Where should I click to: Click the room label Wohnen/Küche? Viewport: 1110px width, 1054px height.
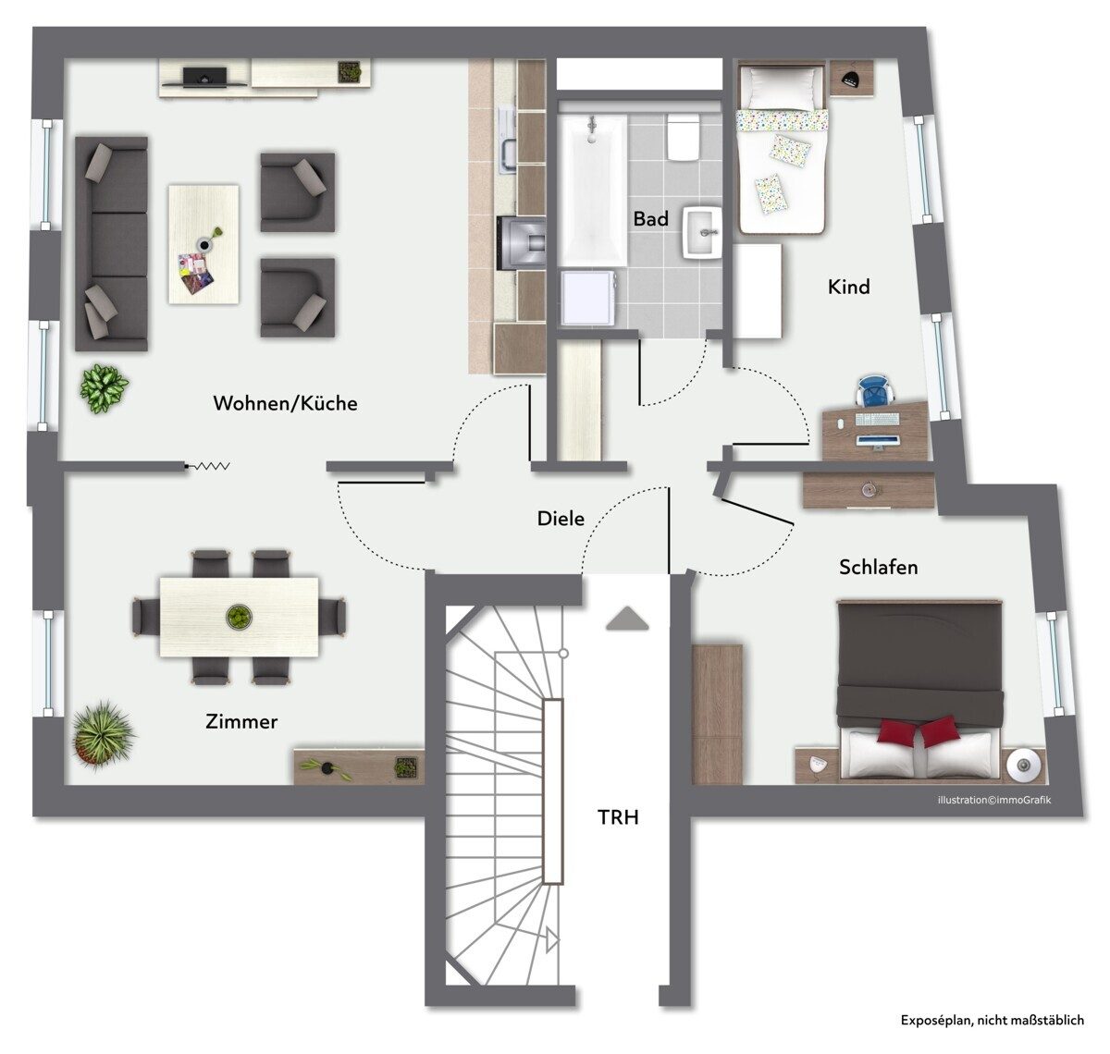coord(285,403)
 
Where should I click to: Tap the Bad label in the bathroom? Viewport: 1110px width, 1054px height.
coord(650,218)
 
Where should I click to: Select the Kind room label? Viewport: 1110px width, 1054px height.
coord(848,287)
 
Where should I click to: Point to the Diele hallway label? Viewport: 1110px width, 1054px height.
coord(561,519)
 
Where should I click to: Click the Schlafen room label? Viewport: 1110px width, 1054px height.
coord(878,567)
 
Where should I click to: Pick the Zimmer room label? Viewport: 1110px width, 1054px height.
coord(241,721)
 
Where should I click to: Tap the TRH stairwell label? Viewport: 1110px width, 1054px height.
coord(618,817)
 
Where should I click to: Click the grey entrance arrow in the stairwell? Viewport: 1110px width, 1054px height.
coord(627,619)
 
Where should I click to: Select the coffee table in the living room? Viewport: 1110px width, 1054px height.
coord(203,244)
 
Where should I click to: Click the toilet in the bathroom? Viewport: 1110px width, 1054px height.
coord(683,137)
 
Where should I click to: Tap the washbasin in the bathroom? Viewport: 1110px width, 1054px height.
coord(702,232)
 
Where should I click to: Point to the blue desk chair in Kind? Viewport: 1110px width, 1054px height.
coord(874,390)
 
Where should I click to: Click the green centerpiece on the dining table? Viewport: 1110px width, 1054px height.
coord(240,617)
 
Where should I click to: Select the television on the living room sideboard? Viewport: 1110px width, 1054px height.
coord(204,78)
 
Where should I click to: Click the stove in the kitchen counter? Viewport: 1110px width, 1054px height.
coord(521,243)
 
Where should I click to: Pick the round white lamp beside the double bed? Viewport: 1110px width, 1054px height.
coord(1023,765)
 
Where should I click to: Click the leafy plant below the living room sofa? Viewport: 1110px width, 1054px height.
coord(104,388)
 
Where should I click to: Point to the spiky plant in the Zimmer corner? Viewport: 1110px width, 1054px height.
coord(102,734)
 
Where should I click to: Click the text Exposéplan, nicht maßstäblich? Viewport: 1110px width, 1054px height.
coord(992,1020)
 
